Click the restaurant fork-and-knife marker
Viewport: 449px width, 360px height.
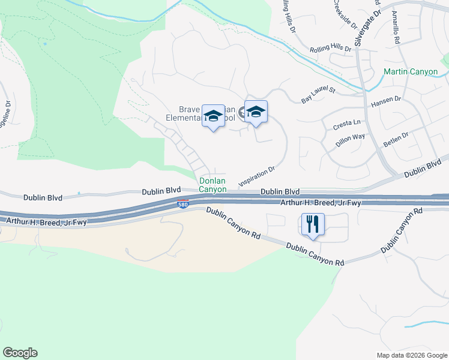tap(313, 225)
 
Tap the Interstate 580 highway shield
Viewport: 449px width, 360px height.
tap(184, 205)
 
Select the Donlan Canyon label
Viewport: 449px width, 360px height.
tap(213, 185)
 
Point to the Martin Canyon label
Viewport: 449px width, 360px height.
tap(411, 72)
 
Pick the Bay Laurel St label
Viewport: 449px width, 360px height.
tap(318, 95)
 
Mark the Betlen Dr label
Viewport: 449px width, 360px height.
tap(397, 141)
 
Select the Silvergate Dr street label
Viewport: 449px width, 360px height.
tap(367, 28)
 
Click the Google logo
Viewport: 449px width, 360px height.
tap(20, 353)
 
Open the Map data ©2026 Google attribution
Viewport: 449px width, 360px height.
tap(412, 355)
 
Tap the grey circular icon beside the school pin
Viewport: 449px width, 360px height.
tap(242, 111)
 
